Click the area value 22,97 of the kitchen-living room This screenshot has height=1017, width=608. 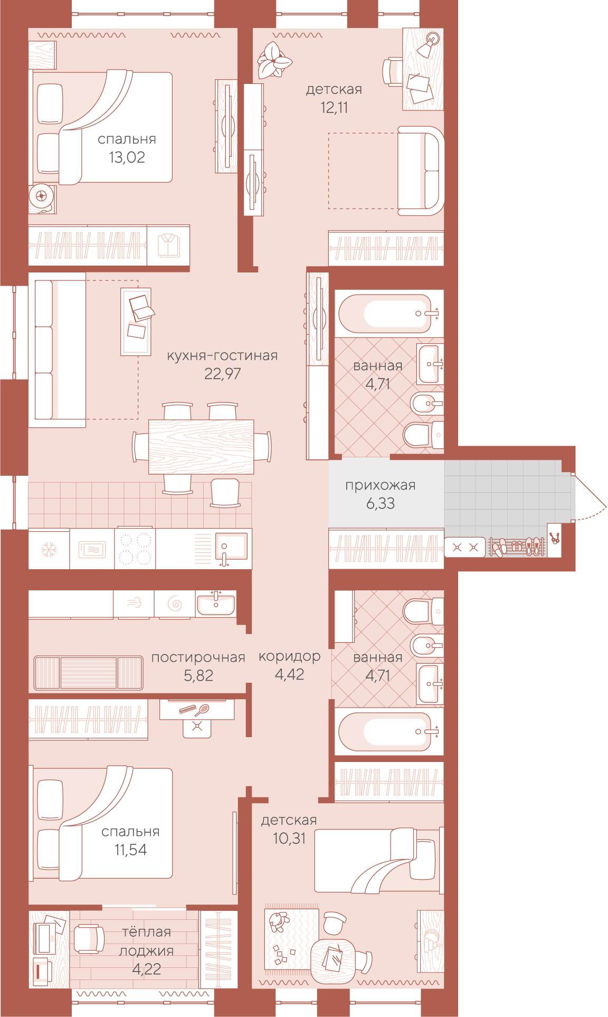(222, 374)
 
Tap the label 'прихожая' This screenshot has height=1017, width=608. (380, 485)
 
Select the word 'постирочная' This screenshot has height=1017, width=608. (198, 657)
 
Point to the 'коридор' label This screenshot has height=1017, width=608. (289, 656)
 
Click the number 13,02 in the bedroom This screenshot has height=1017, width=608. (127, 157)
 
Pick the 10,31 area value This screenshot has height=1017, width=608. (289, 838)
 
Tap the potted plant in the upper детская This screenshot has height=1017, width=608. (273, 60)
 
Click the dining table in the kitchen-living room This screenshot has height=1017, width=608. (201, 447)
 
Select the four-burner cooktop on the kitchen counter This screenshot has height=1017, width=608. (135, 549)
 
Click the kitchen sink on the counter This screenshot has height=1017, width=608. (231, 547)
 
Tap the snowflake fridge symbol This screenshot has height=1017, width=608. (49, 550)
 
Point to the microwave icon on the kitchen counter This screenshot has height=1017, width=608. (92, 550)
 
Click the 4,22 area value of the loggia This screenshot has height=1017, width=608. (147, 969)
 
